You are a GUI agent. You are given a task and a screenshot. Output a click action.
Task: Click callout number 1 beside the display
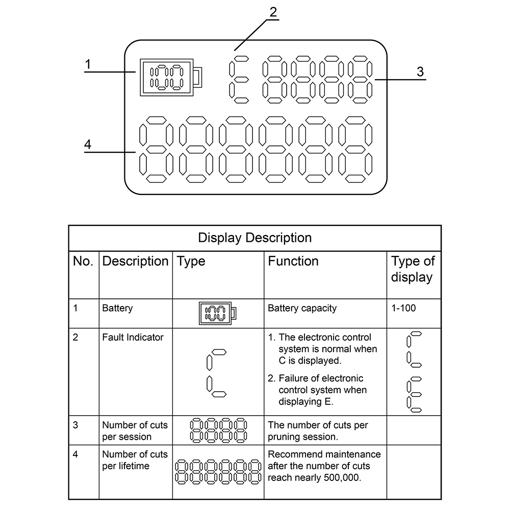coord(88,64)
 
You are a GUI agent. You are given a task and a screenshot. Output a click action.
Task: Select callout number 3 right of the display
coord(420,72)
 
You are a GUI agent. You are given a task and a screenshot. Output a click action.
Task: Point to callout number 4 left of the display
coord(88,145)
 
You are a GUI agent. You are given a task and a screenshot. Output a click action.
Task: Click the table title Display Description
coord(254,238)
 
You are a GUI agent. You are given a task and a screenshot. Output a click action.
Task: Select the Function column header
coord(293,262)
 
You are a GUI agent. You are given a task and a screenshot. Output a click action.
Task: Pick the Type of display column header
coord(413,269)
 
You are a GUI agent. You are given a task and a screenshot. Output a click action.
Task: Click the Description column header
coord(135,262)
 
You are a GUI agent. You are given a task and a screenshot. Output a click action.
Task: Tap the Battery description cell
coord(117,308)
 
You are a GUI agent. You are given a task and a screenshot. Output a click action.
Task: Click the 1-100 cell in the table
coord(404,308)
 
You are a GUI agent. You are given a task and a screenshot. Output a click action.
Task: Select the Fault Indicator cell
coord(133,337)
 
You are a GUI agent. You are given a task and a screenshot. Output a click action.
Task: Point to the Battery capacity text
coord(302,308)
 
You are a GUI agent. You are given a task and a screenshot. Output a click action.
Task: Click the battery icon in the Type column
coord(218,313)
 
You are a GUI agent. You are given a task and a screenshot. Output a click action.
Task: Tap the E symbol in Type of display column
coord(414,394)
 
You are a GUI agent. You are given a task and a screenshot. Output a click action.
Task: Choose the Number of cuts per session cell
coord(135,430)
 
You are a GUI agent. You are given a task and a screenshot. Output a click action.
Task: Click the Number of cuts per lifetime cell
coord(135,460)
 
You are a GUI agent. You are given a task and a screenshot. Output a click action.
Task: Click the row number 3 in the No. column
coord(75,425)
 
